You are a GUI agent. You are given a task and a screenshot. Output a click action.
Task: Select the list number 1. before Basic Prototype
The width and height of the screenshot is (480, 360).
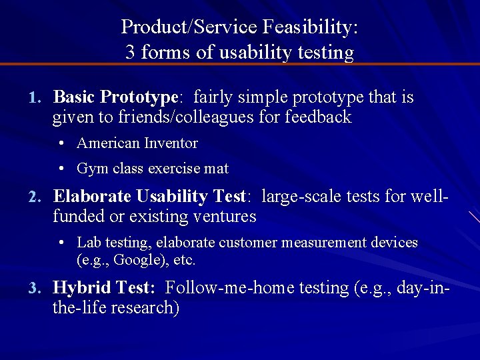[35, 98]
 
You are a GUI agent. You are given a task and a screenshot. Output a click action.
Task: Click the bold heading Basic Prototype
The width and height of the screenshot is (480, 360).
[115, 97]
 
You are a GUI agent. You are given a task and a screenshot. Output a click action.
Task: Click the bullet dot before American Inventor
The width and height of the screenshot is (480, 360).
[61, 143]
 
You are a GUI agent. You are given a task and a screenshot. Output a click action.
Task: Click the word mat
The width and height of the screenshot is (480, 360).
[216, 169]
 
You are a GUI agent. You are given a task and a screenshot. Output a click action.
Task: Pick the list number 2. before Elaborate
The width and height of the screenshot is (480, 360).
[35, 197]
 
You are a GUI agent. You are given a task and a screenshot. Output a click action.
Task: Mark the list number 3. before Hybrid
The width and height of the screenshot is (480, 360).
[35, 289]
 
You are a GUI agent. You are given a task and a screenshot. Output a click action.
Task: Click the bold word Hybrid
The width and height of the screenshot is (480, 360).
[82, 288]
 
